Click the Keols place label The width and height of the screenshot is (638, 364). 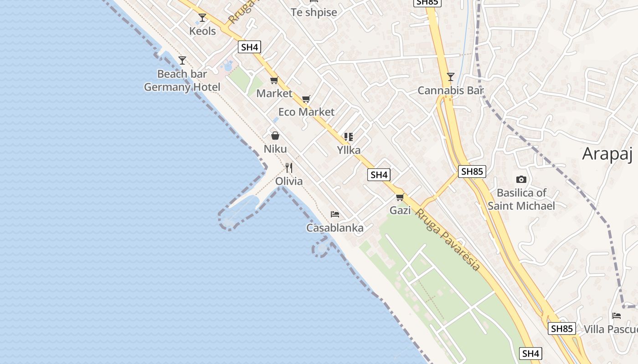tap(203, 31)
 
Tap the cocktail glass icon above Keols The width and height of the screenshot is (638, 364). tap(202, 18)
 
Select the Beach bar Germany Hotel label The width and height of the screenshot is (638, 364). tap(182, 81)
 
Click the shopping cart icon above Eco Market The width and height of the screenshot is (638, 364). tap(306, 99)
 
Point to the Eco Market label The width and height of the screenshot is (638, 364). tap(306, 111)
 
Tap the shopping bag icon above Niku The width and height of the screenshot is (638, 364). tap(275, 136)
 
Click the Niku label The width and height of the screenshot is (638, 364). tap(275, 149)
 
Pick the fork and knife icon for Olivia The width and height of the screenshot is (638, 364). tap(288, 168)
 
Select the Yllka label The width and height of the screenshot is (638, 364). tap(349, 150)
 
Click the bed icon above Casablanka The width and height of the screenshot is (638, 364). tap(335, 214)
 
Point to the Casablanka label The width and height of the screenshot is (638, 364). tap(335, 227)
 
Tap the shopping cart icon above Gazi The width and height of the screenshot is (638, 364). tap(400, 197)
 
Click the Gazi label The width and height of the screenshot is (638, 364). tap(400, 210)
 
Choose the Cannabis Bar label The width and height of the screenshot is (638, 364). tap(451, 90)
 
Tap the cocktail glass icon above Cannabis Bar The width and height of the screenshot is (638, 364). tap(451, 77)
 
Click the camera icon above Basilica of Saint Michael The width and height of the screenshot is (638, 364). tap(521, 180)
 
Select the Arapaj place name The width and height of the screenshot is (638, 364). tap(607, 154)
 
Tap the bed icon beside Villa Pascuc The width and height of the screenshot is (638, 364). tap(617, 316)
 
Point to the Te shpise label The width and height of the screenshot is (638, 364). tap(314, 12)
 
